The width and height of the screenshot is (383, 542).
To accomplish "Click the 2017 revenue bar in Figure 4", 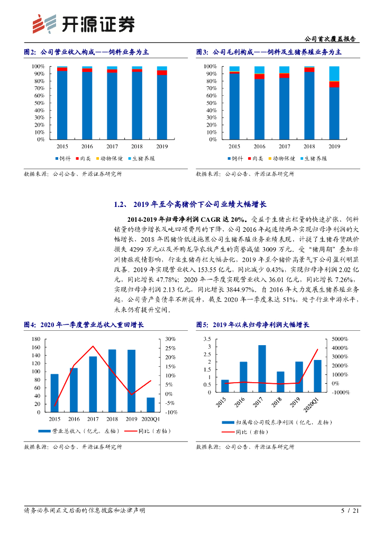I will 93,384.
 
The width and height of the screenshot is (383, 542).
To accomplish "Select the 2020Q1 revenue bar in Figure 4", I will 151,404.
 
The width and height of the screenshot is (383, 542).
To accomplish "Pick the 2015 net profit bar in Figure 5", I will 225,386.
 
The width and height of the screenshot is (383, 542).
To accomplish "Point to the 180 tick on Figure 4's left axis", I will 36,339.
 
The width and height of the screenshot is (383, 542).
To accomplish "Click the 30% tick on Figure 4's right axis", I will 171,339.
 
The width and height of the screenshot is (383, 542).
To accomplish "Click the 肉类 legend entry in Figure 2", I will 85,158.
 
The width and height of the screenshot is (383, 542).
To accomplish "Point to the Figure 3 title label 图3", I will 202,52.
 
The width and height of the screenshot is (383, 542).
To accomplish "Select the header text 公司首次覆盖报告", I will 331,39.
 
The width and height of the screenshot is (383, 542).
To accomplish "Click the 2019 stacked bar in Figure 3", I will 334,103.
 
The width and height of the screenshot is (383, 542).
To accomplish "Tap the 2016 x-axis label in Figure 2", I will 87,146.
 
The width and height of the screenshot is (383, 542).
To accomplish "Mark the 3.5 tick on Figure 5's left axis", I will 207,339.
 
